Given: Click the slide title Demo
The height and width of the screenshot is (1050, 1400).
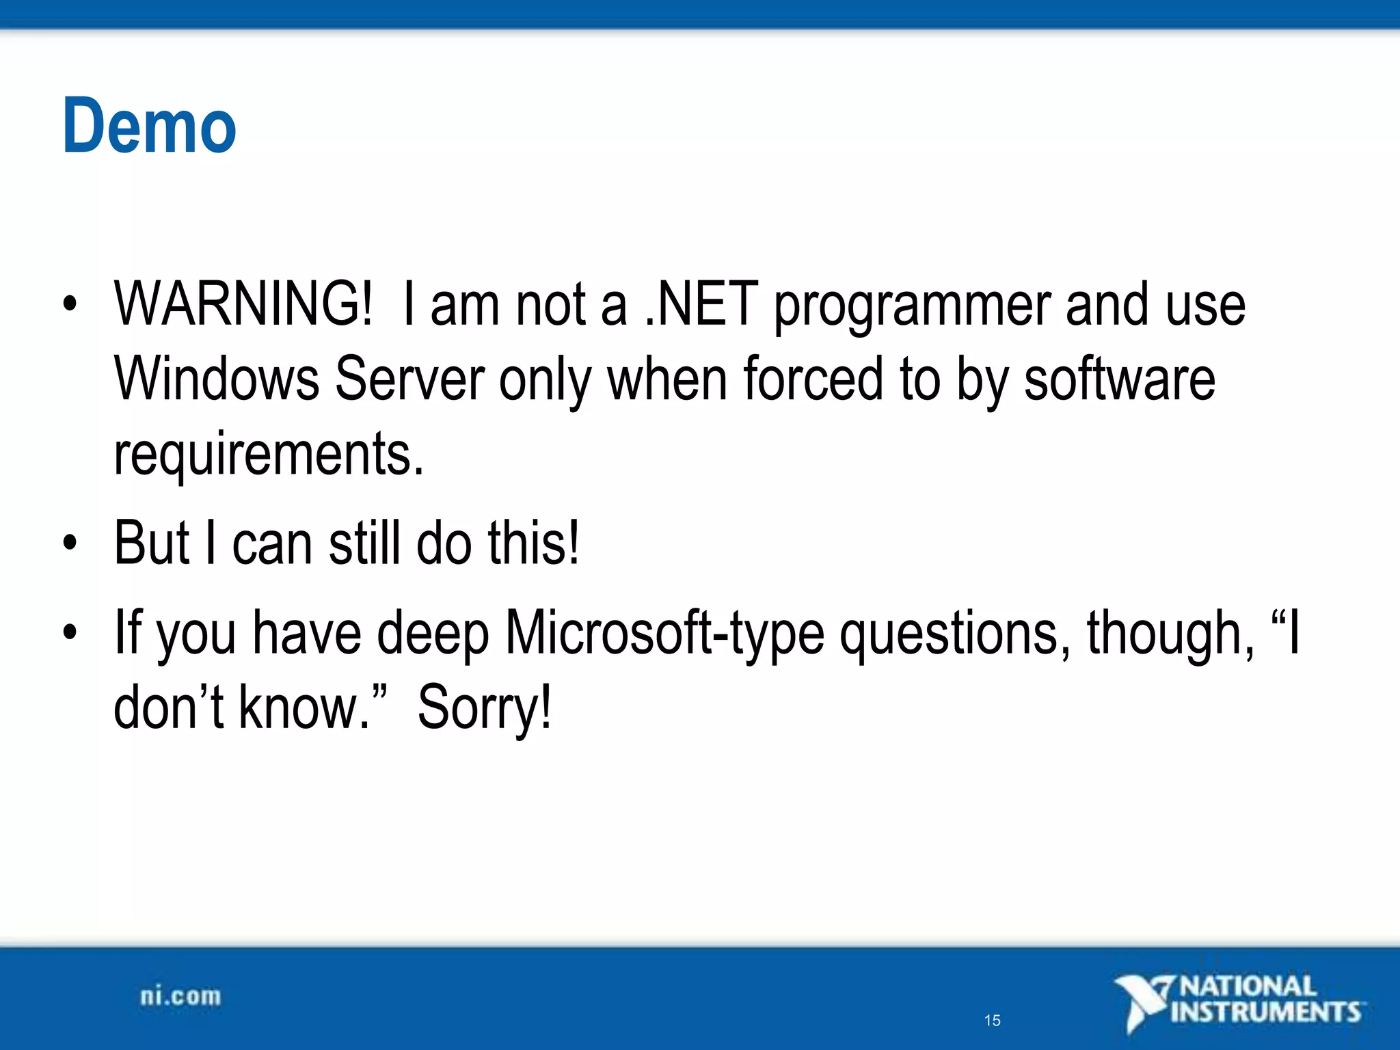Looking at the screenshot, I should point(149,126).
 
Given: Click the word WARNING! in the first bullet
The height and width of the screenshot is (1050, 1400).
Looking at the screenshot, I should point(243,304).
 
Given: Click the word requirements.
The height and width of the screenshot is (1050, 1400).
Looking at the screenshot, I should point(269,454).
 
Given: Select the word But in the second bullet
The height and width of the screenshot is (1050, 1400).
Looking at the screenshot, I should point(151,543).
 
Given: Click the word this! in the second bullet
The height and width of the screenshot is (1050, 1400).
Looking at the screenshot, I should point(533,543).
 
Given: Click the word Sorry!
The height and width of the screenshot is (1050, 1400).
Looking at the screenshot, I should point(484,708).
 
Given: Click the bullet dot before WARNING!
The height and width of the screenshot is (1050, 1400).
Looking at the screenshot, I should point(70,304).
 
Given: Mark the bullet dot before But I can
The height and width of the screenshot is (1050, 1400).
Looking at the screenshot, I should point(70,543).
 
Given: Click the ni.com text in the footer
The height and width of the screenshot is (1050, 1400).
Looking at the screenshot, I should point(180,997).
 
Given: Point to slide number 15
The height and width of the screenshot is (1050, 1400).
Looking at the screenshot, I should point(992,1021).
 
